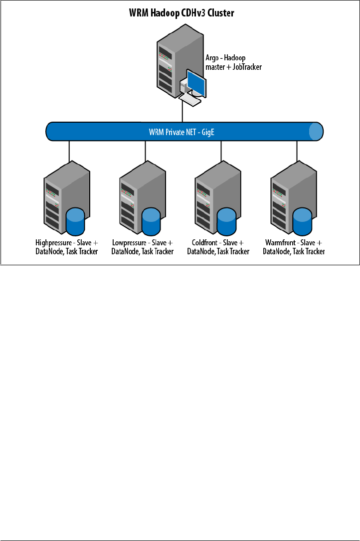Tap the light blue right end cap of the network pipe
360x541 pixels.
coord(315,132)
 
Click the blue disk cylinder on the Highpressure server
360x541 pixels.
coord(76,221)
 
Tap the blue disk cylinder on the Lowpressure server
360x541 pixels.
coord(152,221)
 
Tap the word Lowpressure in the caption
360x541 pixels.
coord(129,243)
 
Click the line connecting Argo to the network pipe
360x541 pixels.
coord(183,114)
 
